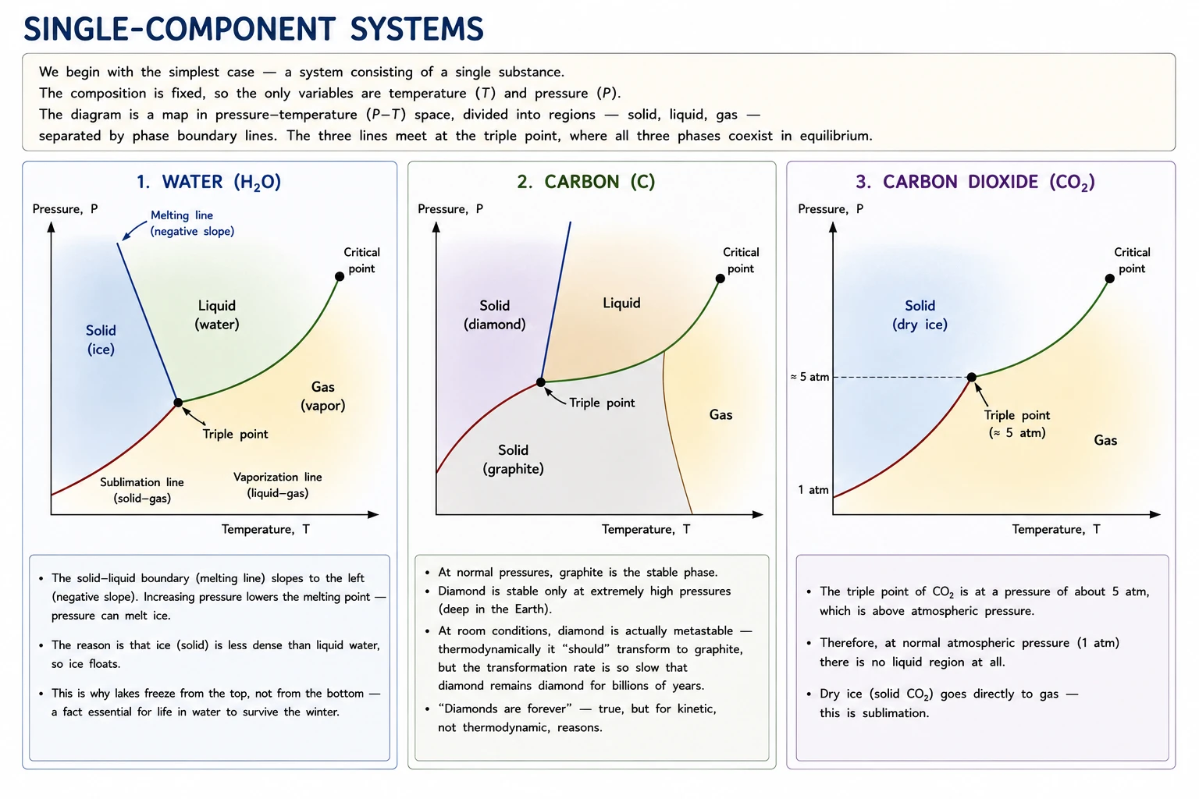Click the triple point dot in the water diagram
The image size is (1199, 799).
coord(178,403)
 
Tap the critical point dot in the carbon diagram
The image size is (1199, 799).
coord(720,279)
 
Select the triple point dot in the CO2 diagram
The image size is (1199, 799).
coord(972,378)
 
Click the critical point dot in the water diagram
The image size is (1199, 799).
coord(340,276)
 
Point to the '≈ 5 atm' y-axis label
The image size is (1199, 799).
coord(809,377)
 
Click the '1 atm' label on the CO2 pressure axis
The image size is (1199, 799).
coord(813,490)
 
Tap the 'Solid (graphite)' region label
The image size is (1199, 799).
coord(514,459)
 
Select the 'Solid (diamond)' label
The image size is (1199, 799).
coord(495,314)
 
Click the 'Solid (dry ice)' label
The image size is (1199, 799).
coord(920,314)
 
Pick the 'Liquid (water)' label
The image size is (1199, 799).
coord(217,314)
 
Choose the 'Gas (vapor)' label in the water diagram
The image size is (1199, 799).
coord(322,396)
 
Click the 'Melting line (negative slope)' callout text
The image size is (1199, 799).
coord(192,223)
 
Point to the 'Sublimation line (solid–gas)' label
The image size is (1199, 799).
coord(142,490)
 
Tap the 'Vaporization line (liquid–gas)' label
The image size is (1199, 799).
coord(278,485)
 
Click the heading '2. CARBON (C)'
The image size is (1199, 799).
coord(586,182)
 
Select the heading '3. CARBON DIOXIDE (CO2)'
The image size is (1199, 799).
coord(975,182)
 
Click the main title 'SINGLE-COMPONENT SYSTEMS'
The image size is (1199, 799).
coord(254,29)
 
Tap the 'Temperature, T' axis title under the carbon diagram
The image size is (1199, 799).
coord(646,529)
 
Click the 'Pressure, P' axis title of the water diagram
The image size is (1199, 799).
coord(66,208)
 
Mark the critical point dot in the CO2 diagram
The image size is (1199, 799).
coord(1109,279)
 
